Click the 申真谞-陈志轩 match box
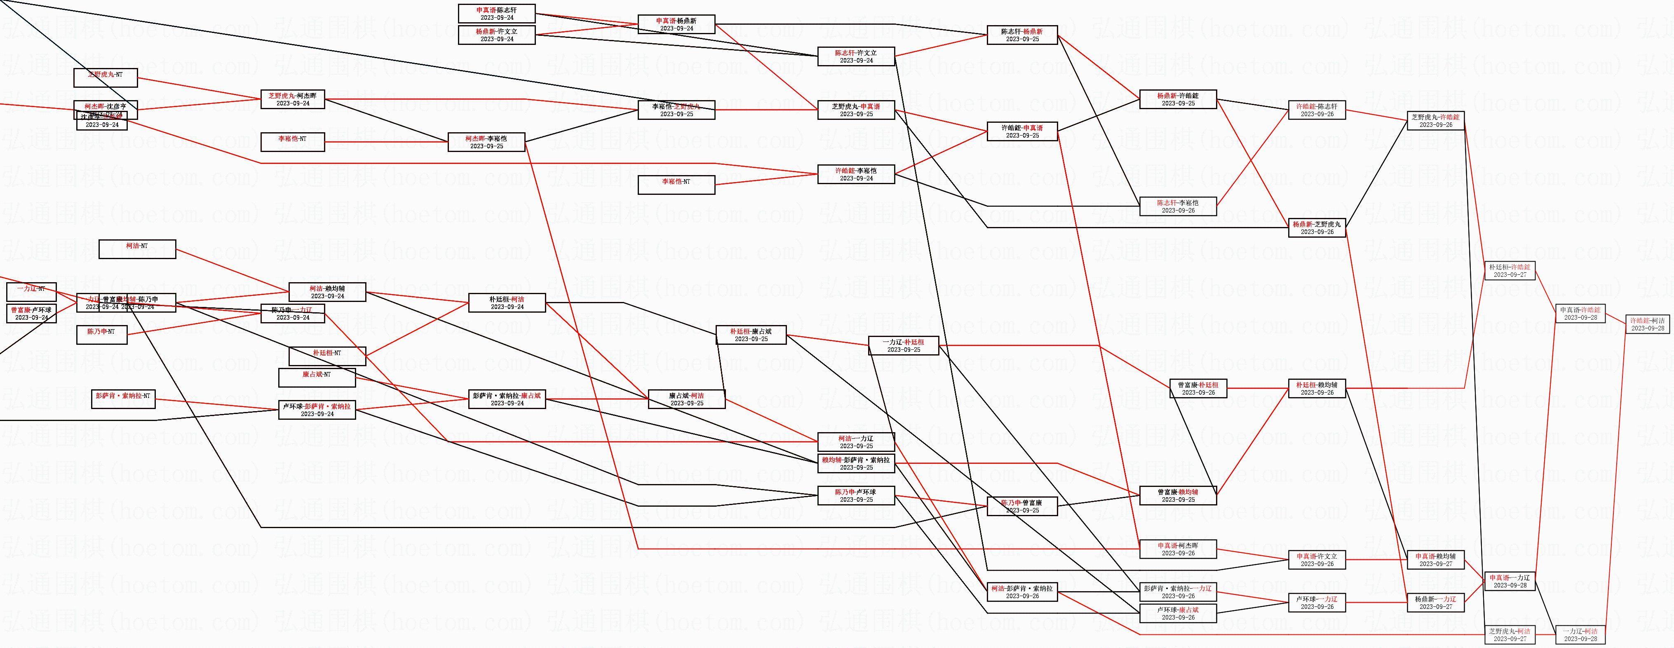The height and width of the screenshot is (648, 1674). (496, 14)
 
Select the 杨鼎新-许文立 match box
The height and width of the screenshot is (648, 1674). (496, 35)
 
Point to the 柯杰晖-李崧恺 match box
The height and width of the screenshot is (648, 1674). (486, 142)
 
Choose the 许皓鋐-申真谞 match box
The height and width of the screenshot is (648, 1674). (1022, 131)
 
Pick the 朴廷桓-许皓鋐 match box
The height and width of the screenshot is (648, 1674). (1510, 271)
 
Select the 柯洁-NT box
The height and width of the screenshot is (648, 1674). (137, 249)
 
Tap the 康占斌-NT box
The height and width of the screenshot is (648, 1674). (317, 377)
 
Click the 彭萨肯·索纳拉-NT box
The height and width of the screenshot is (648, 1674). (123, 399)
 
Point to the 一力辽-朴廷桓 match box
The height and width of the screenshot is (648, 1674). (903, 346)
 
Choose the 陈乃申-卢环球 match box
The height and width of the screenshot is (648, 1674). (856, 496)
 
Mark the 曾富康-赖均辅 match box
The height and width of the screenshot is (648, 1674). (1178, 496)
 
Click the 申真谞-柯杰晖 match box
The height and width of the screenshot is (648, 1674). (1178, 549)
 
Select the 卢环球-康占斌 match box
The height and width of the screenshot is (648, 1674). (1178, 613)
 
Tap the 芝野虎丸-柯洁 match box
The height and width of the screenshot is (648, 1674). (1510, 634)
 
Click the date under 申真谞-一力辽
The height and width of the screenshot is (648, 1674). (1510, 585)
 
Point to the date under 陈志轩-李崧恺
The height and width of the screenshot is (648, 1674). (1178, 211)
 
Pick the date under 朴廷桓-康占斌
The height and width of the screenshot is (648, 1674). (751, 339)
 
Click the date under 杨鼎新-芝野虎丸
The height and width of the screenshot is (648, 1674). (1317, 232)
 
